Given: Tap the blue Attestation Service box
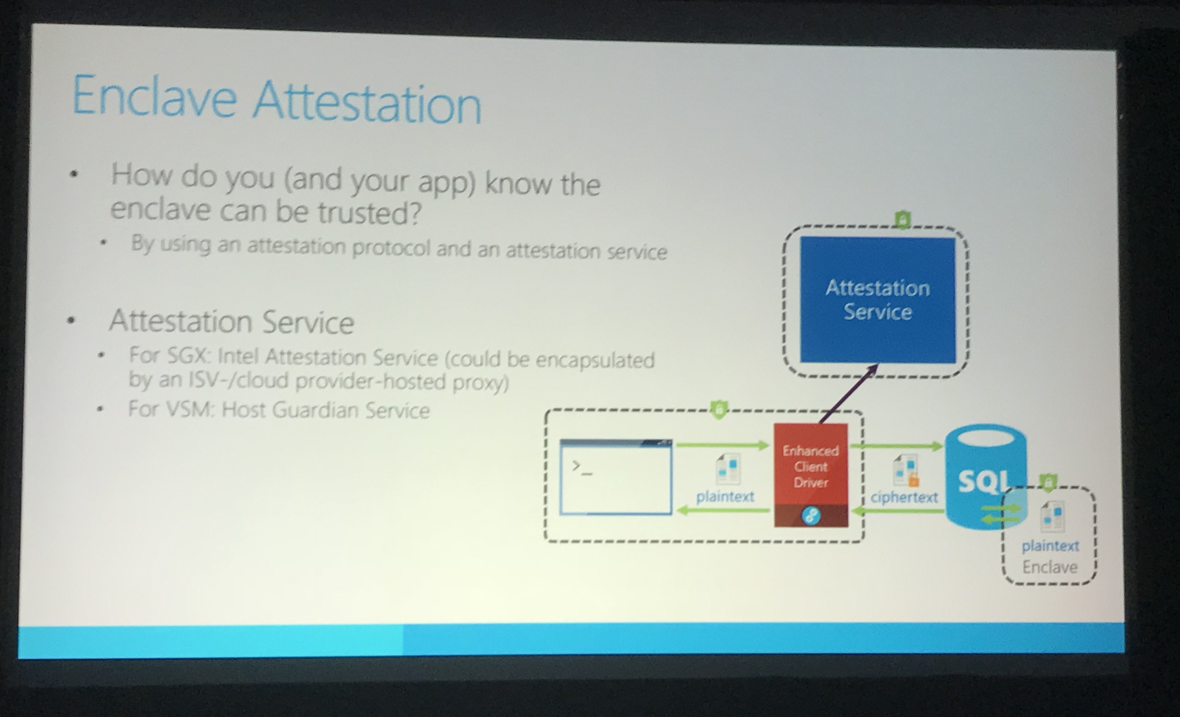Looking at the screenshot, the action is (877, 300).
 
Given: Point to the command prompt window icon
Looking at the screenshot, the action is (615, 477).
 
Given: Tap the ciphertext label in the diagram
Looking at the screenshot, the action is (904, 497).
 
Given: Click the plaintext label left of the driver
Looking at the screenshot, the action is (725, 497).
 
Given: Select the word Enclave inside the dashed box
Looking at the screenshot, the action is (1050, 567).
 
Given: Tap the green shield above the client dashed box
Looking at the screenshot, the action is (718, 410).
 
